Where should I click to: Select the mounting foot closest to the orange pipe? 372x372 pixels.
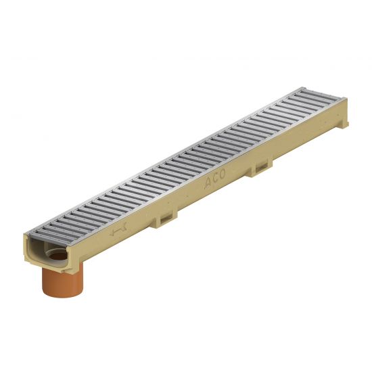pyautogui.click(x=165, y=219)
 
